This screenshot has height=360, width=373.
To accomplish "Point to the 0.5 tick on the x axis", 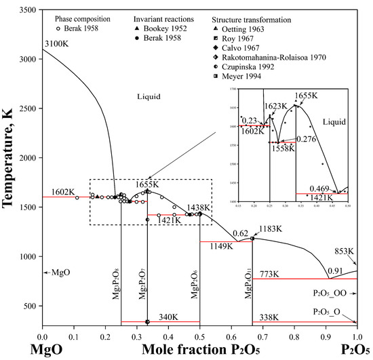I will click(x=200, y=332).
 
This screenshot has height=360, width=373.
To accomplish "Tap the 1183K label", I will click(x=272, y=229).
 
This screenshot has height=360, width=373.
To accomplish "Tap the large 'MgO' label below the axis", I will click(x=54, y=348).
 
